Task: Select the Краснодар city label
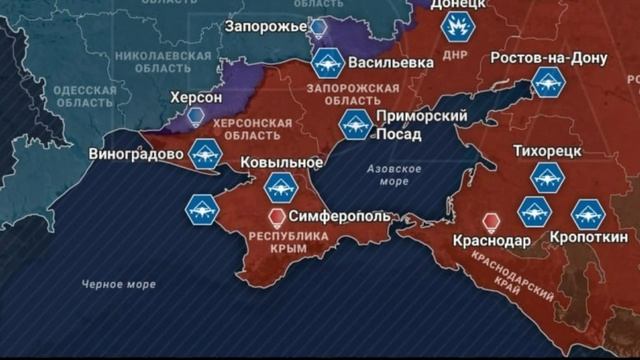491,242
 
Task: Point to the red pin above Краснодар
490,221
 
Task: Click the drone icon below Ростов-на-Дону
548,83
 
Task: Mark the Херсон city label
196,97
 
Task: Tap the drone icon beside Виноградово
205,154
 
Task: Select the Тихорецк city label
547,151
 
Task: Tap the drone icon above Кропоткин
587,213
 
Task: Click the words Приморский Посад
420,124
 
